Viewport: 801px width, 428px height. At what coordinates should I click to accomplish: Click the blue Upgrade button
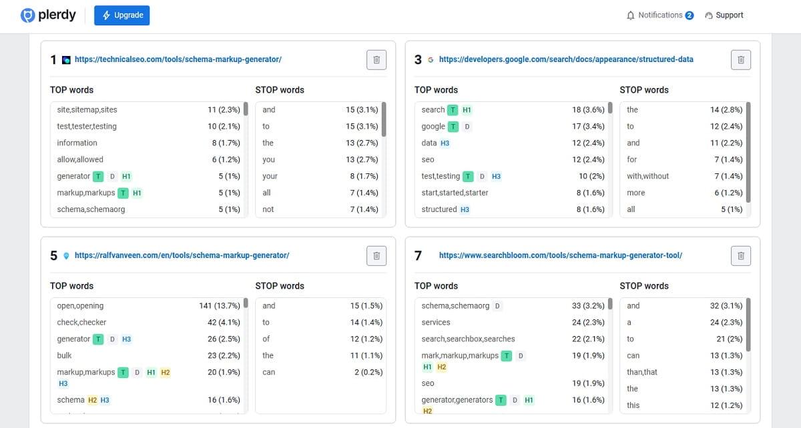point(121,15)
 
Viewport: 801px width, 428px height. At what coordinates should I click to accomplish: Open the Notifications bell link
point(659,15)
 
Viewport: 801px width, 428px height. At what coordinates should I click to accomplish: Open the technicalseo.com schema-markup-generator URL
point(178,59)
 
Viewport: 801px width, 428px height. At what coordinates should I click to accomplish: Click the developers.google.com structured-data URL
point(566,59)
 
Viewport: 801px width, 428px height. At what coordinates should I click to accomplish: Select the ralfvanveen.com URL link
point(182,255)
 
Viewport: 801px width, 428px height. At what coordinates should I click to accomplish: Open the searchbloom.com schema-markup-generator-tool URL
point(560,255)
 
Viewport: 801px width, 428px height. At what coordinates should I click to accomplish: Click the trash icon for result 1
point(376,60)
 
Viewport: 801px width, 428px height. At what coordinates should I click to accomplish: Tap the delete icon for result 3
point(741,60)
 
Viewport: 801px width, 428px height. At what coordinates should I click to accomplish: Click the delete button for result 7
point(741,256)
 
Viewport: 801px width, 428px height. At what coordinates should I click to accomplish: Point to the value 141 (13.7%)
point(220,306)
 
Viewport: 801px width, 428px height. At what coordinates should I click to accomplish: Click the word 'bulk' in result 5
point(64,356)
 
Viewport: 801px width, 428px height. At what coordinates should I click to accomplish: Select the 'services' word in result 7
point(436,323)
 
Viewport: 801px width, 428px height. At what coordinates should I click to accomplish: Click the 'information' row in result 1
point(77,143)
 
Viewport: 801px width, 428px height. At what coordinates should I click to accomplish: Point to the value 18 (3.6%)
point(588,110)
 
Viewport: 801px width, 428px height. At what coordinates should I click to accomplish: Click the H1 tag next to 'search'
point(467,110)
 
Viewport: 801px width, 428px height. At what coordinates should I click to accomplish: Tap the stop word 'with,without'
point(647,177)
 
